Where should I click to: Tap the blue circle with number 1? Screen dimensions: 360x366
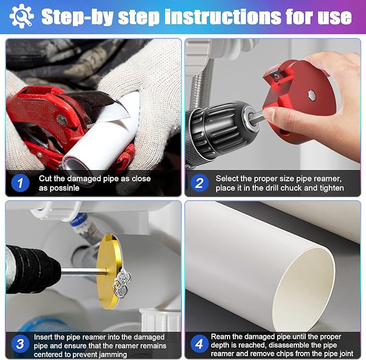[19, 183]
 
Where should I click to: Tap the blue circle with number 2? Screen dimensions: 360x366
[199, 183]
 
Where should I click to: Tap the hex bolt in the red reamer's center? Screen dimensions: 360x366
[312, 95]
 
